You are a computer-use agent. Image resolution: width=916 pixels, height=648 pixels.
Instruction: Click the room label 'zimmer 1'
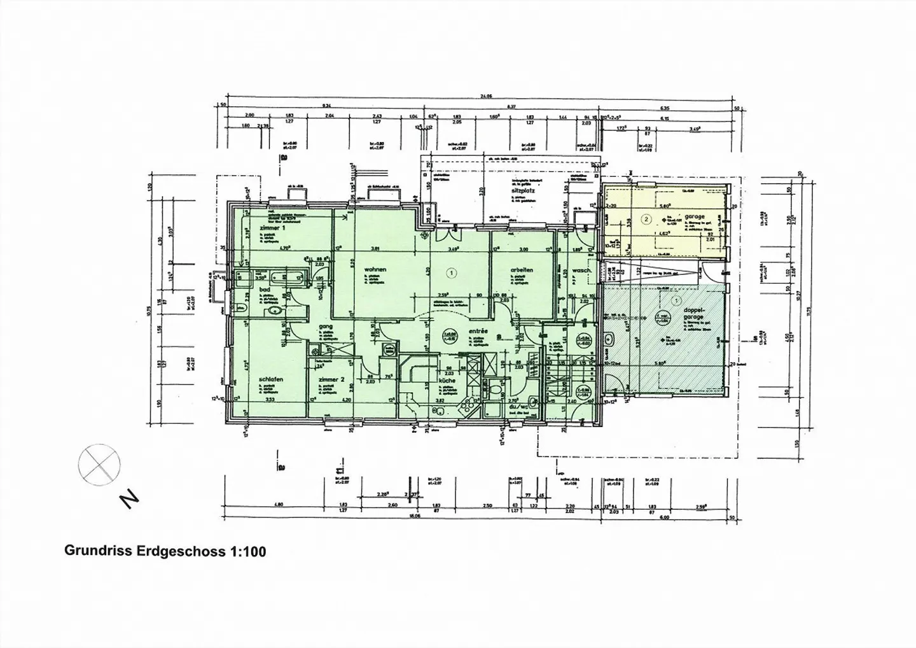tap(272, 228)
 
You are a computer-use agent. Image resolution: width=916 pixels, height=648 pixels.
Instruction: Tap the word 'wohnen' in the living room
tap(376, 270)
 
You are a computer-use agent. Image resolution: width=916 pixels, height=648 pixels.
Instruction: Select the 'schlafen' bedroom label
tap(271, 379)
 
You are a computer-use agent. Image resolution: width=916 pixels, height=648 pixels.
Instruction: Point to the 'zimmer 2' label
tap(331, 379)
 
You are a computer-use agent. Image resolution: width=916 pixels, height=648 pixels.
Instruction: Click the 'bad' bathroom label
tap(265, 289)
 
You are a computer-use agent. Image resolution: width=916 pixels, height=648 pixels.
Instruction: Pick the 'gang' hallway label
tap(327, 326)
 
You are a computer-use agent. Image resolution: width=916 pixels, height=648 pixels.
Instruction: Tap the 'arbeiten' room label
tap(521, 270)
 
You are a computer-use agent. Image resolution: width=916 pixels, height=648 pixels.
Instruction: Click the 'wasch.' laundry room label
tap(582, 270)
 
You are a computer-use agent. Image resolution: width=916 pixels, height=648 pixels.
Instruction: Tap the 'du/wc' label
tap(510, 405)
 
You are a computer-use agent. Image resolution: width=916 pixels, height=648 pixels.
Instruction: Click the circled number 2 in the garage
tap(646, 220)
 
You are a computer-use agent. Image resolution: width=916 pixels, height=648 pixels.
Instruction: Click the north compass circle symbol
tap(99, 461)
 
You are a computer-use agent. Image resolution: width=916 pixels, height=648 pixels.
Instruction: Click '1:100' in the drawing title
tap(246, 551)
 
